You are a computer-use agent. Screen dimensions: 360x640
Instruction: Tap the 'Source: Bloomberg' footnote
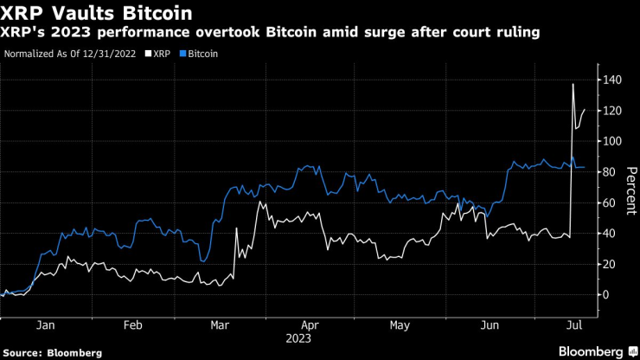[51, 352]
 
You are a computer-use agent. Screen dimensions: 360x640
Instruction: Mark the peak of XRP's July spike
[573, 84]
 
